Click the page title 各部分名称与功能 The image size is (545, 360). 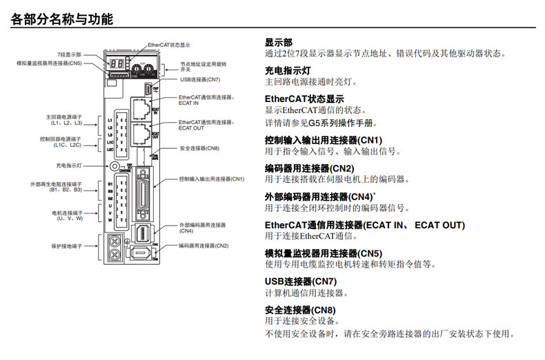63,19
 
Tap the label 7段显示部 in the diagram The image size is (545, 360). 69,53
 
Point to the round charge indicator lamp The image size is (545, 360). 113,166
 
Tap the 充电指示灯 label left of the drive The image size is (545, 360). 68,166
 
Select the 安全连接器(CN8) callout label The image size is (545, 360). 199,148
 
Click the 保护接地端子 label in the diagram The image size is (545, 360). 67,246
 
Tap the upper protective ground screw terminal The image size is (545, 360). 115,240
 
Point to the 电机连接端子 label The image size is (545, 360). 67,215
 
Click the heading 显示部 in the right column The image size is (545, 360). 279,42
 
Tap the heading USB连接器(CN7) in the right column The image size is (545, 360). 301,281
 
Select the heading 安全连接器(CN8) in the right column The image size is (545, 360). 301,310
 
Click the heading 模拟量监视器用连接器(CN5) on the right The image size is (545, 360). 324,253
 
